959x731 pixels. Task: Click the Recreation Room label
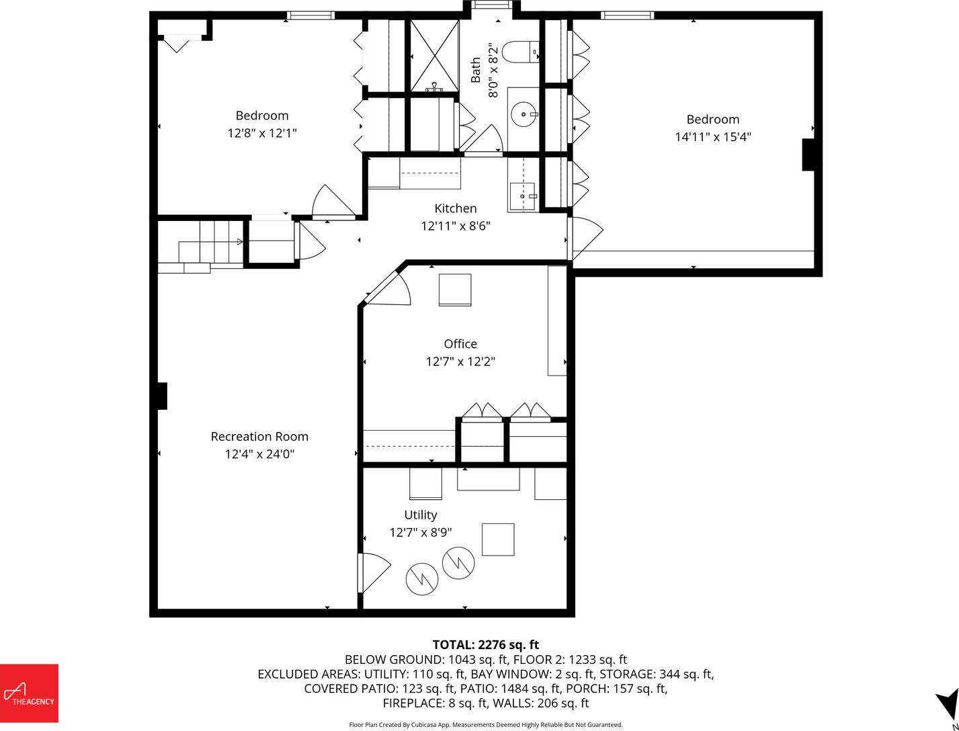point(259,436)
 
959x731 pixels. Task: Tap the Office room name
point(460,344)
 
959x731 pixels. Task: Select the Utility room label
point(420,515)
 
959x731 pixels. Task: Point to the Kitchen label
point(456,208)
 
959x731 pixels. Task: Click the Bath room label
point(475,70)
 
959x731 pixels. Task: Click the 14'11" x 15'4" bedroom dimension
point(713,136)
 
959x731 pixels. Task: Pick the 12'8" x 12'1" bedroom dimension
point(262,133)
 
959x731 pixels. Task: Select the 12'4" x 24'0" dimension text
point(259,454)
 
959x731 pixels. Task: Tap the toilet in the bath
point(521,52)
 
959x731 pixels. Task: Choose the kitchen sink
point(523,196)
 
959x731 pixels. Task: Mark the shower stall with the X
point(434,56)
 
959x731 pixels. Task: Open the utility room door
point(373,572)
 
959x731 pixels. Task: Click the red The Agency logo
point(29,693)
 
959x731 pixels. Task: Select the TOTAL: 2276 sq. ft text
point(485,645)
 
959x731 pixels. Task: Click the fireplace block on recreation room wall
point(162,396)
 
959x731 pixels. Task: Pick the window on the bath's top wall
point(492,5)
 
